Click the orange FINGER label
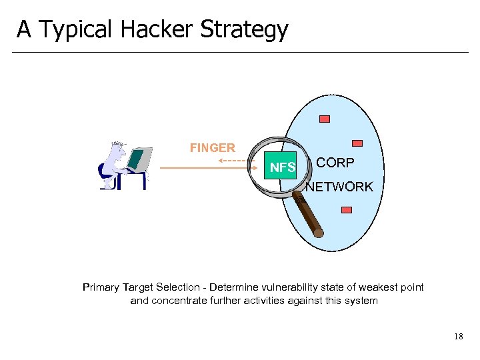pos(212,148)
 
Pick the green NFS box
pos(282,167)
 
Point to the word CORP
pos(335,163)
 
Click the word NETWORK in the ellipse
pos(339,187)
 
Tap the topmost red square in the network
pos(325,119)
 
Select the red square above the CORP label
pos(357,143)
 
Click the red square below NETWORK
pos(346,209)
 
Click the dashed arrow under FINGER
pos(233,161)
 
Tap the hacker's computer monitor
pos(137,159)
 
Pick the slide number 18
pos(458,337)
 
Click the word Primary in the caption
pos(101,287)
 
